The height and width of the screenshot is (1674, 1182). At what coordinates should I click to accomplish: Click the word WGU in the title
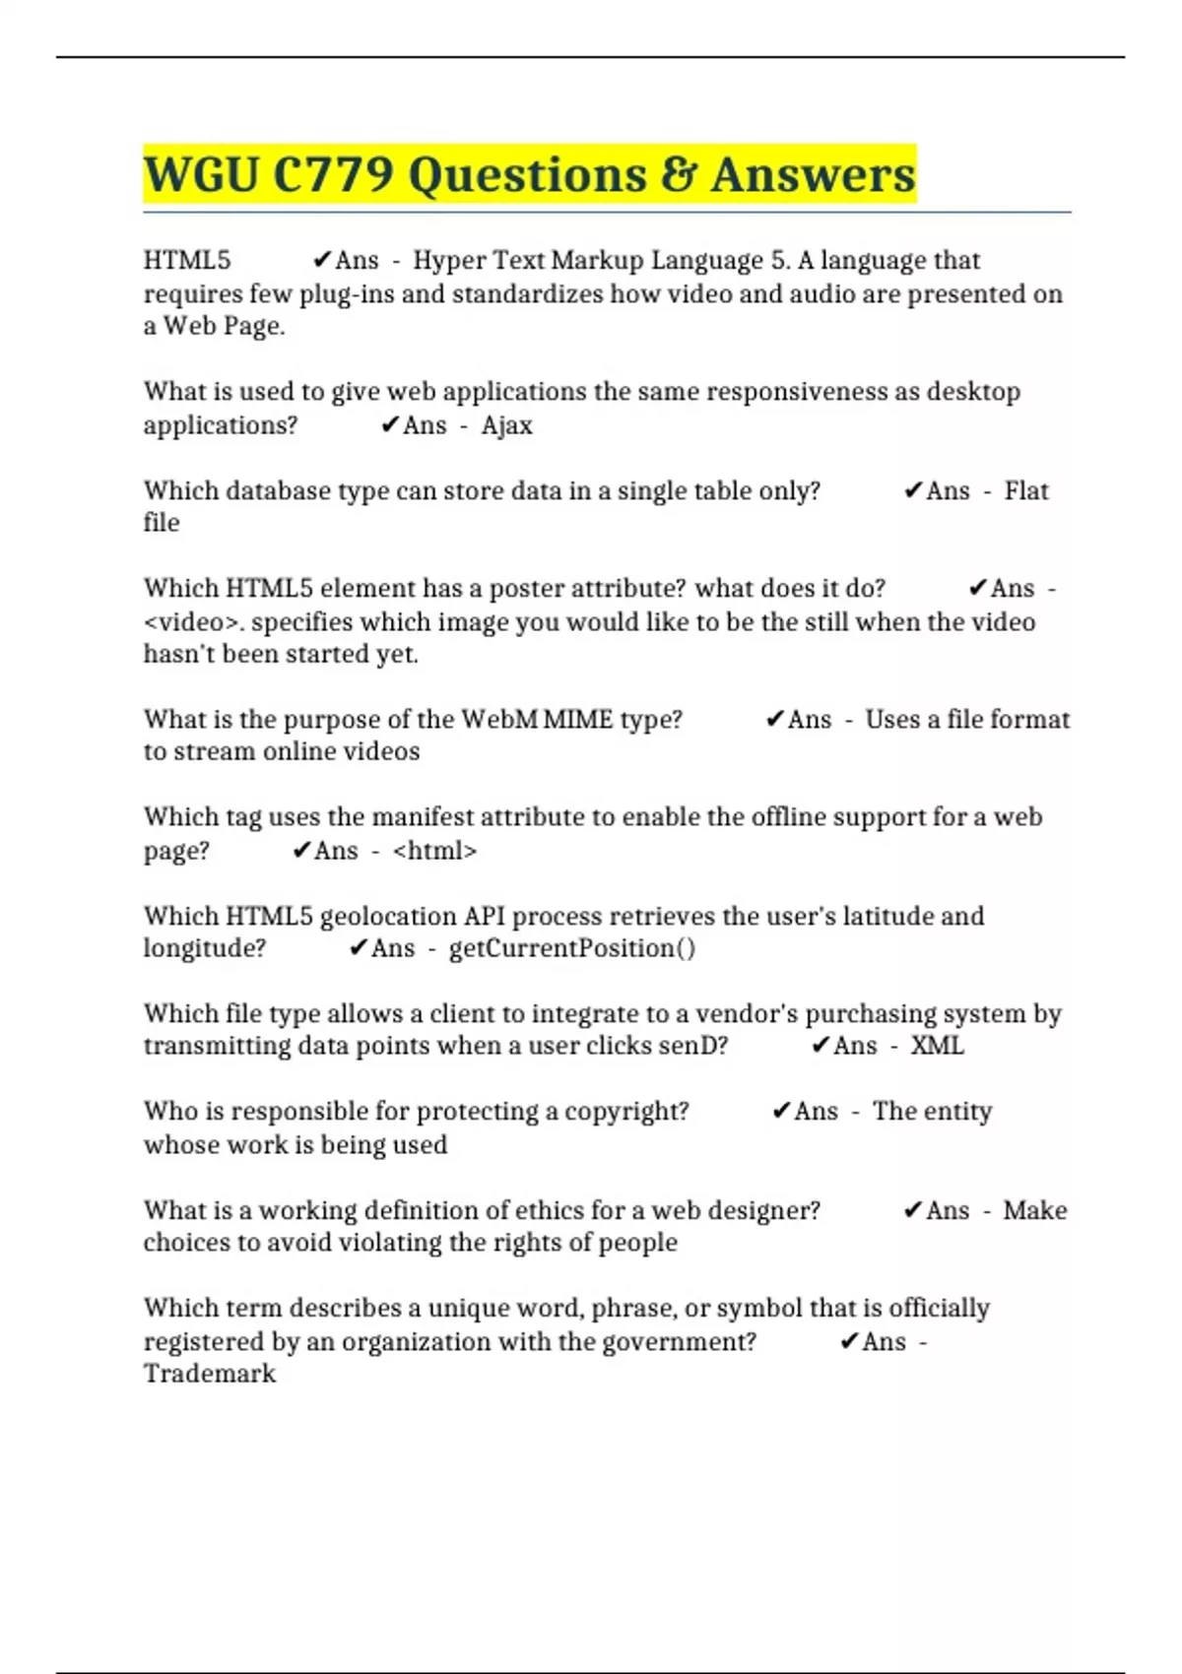coord(202,175)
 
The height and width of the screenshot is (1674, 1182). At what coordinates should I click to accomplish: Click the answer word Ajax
coord(506,425)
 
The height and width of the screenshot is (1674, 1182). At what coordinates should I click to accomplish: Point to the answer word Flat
coord(1025,490)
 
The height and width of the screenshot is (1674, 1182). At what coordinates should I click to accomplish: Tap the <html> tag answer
coord(434,851)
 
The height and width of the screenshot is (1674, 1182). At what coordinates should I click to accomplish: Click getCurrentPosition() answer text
coord(572,948)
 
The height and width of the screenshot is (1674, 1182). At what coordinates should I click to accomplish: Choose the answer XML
coord(937,1046)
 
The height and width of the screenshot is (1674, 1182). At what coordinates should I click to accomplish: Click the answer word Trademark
coord(210,1374)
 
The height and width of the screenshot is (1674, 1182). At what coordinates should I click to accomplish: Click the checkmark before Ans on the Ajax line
coord(390,425)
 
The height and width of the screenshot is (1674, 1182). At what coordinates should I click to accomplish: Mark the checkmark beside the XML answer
coord(821,1046)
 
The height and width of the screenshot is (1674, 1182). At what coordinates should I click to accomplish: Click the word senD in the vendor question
coord(692,1046)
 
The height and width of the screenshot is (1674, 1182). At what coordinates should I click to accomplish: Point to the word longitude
coord(205,948)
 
